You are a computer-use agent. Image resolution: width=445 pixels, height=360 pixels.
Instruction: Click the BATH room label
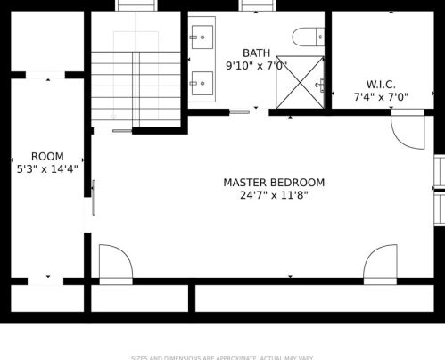tap(256, 53)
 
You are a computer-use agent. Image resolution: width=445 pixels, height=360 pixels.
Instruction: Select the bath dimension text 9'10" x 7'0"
tap(256, 66)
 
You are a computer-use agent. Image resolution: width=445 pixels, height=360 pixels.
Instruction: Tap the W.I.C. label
tap(381, 85)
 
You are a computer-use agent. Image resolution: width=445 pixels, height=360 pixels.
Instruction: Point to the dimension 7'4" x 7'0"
tap(381, 97)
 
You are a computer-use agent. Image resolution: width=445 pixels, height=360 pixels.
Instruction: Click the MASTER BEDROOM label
tap(274, 183)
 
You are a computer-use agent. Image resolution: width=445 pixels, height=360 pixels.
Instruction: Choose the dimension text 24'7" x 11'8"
tap(274, 195)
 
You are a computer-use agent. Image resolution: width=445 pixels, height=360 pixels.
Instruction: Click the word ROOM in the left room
tap(47, 157)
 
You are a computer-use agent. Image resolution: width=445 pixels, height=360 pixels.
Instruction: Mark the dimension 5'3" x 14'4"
tap(47, 168)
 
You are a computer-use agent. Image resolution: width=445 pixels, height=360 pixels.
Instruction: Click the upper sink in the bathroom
tap(201, 37)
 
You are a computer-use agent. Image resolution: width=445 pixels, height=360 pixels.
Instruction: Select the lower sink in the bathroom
tap(201, 83)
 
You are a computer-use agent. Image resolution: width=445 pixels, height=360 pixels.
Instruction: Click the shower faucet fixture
tap(321, 86)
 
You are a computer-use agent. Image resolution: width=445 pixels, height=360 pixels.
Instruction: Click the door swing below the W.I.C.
tap(408, 130)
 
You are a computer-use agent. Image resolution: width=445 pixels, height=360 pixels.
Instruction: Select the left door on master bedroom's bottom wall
tap(115, 264)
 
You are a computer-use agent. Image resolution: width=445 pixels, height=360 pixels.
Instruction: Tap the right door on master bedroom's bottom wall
tap(380, 264)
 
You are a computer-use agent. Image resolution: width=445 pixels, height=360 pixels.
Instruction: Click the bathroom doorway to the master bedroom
tap(241, 112)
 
